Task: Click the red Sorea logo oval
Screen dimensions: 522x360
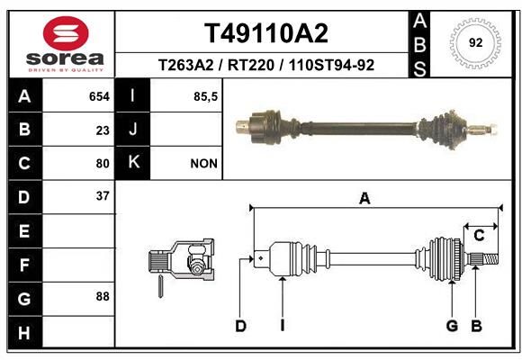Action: coord(66,33)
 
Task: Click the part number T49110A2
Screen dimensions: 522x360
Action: coord(266,33)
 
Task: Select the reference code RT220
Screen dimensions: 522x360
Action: coord(251,65)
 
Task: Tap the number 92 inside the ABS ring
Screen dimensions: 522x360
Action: coord(475,42)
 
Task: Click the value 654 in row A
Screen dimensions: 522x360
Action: coord(99,96)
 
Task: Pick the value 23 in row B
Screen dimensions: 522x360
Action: coord(103,130)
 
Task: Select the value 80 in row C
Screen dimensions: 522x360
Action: coord(103,164)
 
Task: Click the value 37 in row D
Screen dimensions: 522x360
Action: coord(103,196)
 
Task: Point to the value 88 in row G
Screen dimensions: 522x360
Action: coord(103,296)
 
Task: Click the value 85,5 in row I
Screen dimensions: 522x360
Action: coord(205,96)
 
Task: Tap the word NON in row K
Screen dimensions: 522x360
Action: coord(203,164)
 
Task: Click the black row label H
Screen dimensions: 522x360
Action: coord(25,332)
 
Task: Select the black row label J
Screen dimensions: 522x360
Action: coord(132,130)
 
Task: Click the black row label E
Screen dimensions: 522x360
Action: coord(25,230)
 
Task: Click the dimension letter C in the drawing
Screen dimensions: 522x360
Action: coord(479,236)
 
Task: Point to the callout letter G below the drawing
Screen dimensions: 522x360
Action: coord(452,326)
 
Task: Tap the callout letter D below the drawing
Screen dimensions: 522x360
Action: coord(240,326)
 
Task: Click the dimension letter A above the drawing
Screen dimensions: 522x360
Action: coord(364,199)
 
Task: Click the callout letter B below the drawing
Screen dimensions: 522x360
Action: coord(476,326)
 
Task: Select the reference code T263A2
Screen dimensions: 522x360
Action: coord(185,65)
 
